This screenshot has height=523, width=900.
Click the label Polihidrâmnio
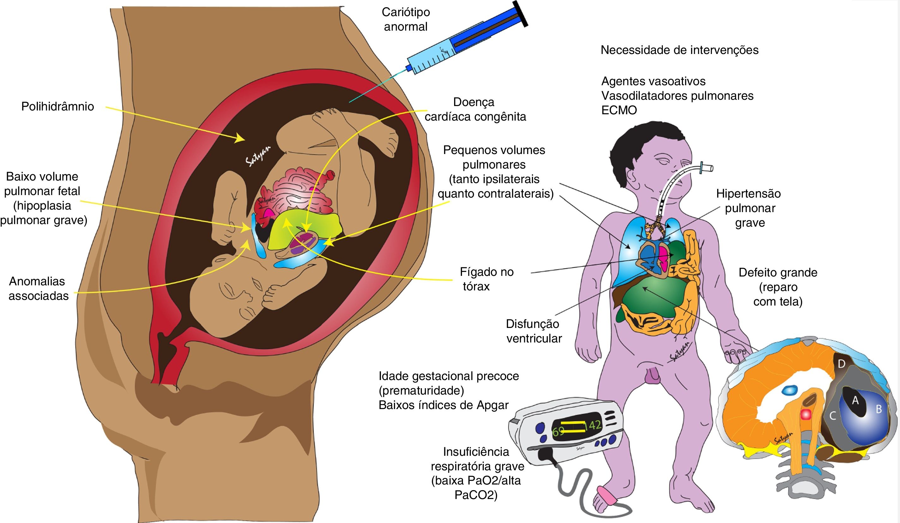(x=57, y=106)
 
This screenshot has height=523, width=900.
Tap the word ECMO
(x=619, y=110)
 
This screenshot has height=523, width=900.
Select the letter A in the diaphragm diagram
(x=855, y=401)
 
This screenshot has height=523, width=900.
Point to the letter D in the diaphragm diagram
(x=842, y=364)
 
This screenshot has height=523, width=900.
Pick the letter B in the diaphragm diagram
(x=879, y=409)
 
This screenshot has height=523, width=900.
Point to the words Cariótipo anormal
(x=406, y=19)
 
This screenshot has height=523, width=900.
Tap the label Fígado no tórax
(x=486, y=279)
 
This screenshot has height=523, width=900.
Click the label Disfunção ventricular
(x=534, y=331)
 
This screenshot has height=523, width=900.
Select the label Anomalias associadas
(x=38, y=288)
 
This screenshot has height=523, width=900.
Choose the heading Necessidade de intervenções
(x=679, y=50)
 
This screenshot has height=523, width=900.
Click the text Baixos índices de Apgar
(x=444, y=405)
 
